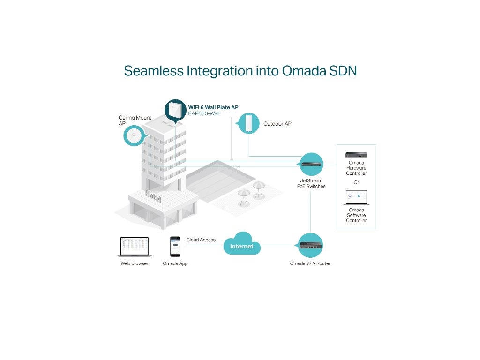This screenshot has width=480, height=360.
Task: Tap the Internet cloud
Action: (x=241, y=245)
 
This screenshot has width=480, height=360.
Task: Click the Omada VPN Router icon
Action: (x=310, y=245)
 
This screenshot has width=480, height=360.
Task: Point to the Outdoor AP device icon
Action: (x=248, y=123)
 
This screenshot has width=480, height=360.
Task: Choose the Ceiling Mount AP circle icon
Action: (x=133, y=136)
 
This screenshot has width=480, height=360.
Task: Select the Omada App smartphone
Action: (x=175, y=246)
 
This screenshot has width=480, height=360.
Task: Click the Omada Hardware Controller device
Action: (x=356, y=155)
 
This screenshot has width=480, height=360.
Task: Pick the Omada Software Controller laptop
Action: (x=356, y=197)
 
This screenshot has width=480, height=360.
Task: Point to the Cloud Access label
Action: (x=201, y=240)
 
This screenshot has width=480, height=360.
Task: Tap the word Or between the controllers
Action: (x=356, y=182)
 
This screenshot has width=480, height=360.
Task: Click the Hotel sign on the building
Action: (x=153, y=196)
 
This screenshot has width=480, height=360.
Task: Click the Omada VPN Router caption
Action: (x=310, y=263)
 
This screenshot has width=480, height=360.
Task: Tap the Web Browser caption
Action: (x=134, y=263)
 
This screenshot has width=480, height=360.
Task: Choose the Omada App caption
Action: (x=175, y=263)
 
